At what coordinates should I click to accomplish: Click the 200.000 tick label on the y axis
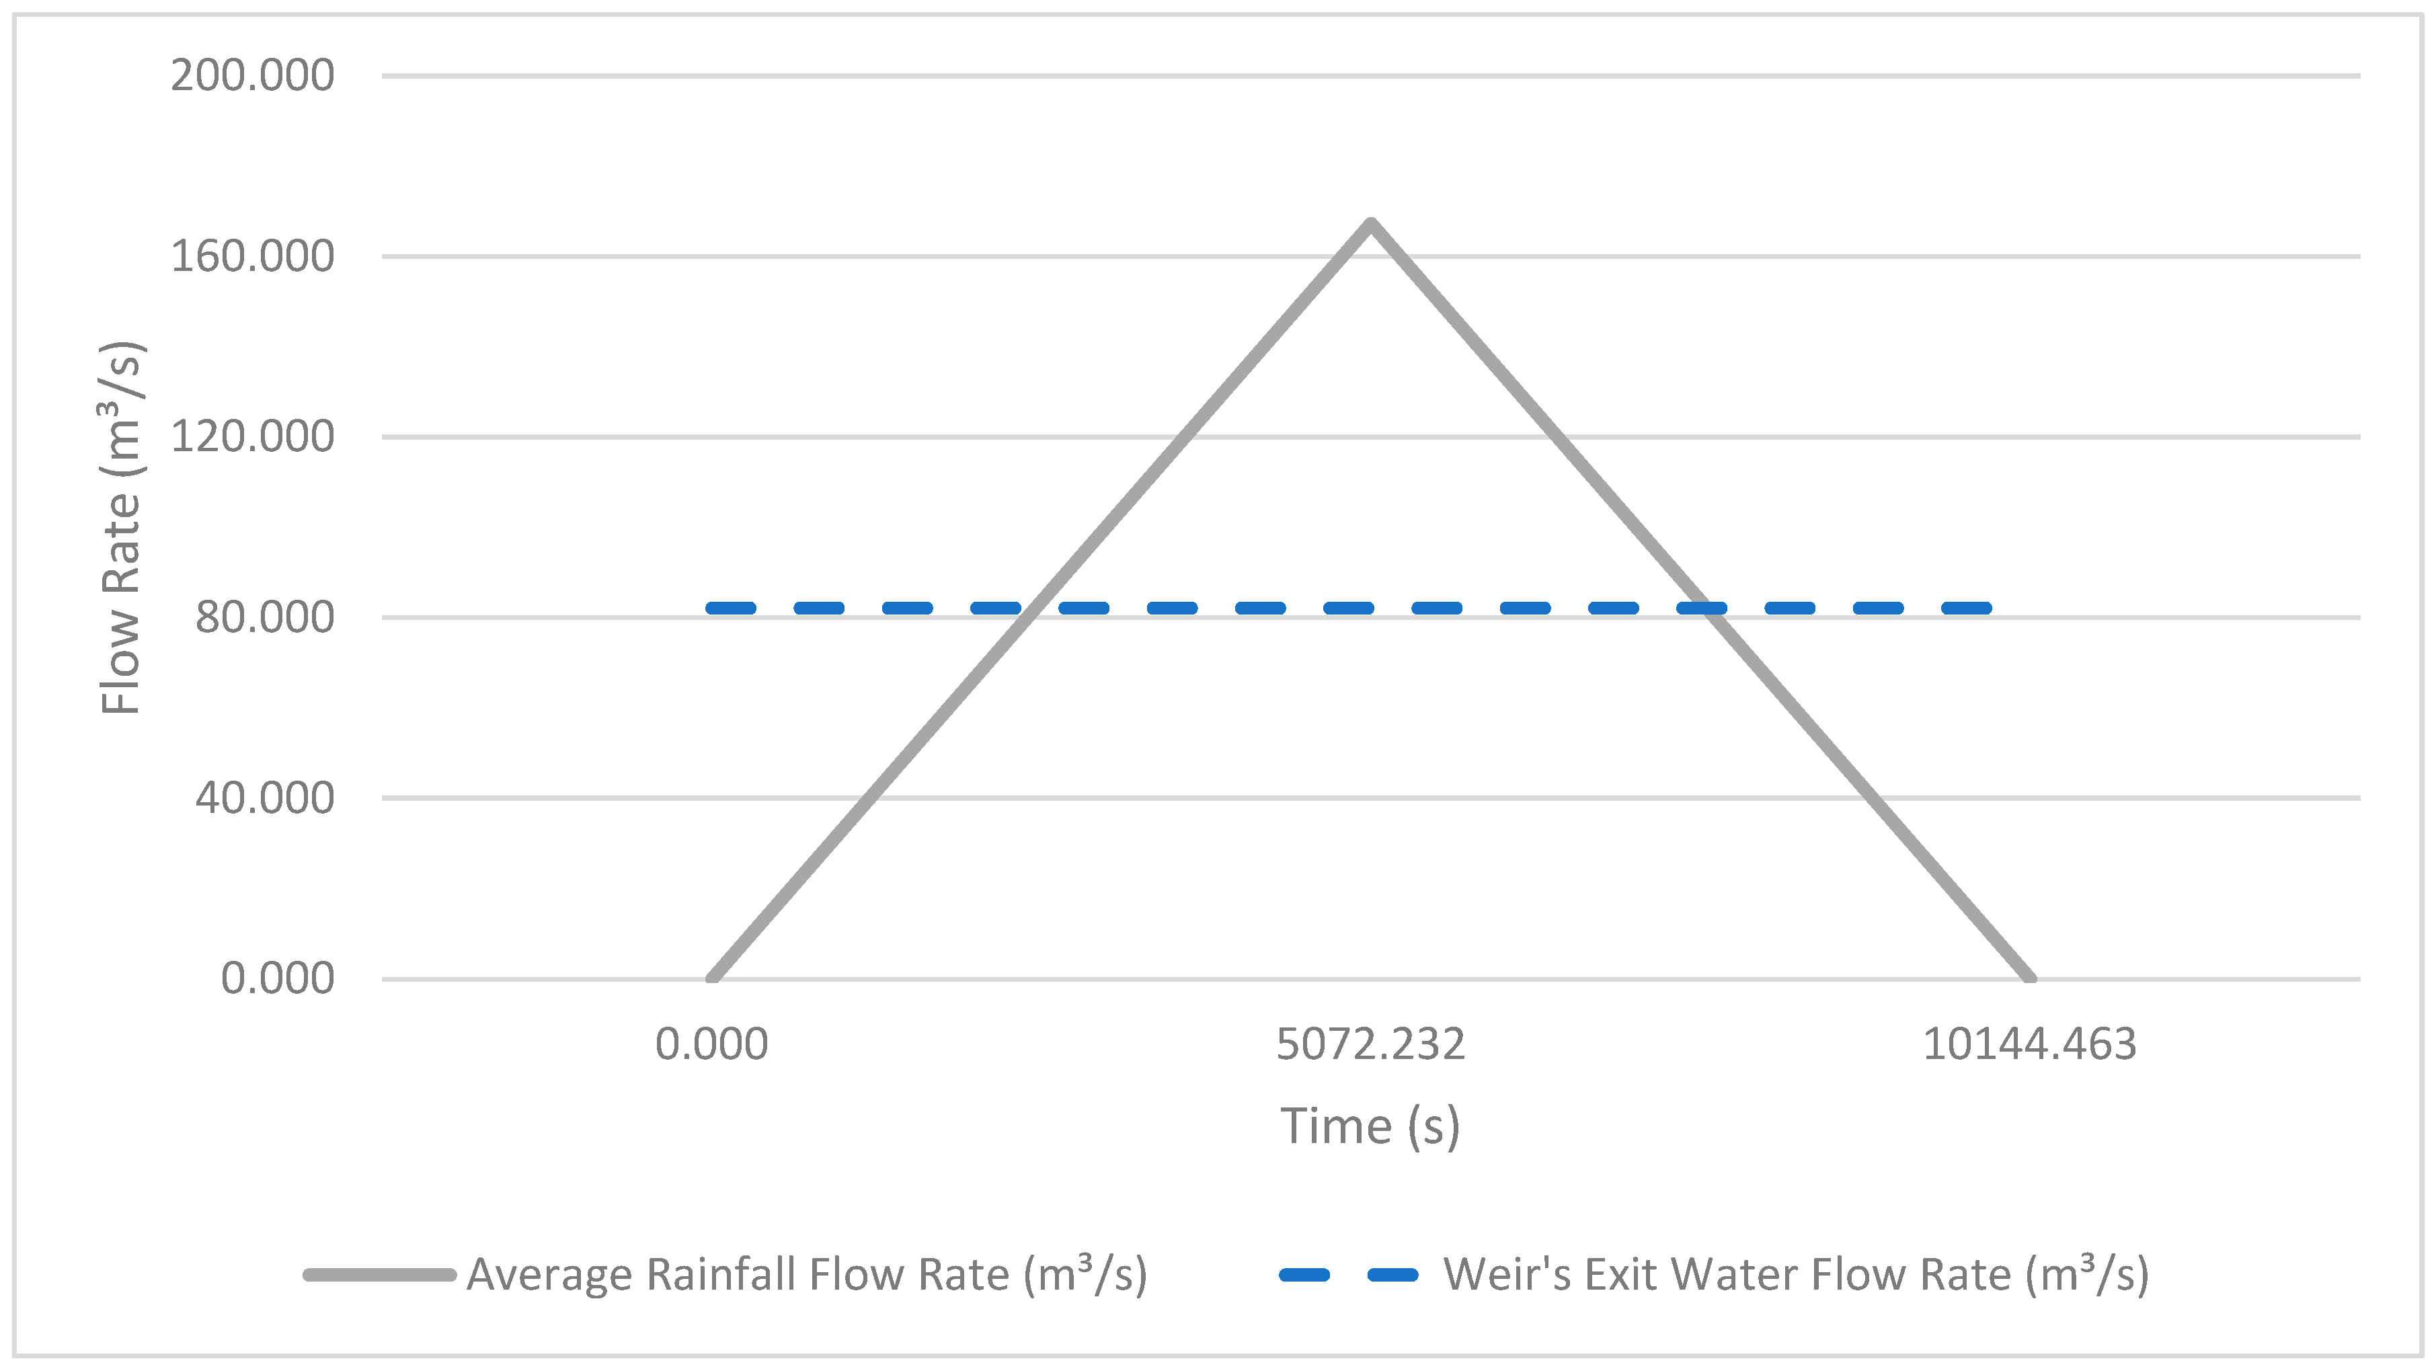[252, 75]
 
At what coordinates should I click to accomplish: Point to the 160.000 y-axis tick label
[252, 256]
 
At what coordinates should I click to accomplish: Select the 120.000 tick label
[252, 436]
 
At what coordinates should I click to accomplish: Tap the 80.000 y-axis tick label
[264, 617]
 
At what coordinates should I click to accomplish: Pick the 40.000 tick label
[264, 798]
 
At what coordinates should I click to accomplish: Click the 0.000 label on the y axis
[277, 979]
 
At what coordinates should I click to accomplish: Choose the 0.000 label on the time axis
[711, 1045]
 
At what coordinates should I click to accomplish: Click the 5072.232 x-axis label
[1370, 1045]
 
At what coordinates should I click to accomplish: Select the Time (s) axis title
[1370, 1126]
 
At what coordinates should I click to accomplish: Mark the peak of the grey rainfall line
[1371, 223]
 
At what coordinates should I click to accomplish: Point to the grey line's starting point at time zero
[713, 978]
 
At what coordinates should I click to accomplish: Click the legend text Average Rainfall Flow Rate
[807, 1274]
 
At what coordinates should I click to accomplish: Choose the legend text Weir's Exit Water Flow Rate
[1795, 1274]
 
